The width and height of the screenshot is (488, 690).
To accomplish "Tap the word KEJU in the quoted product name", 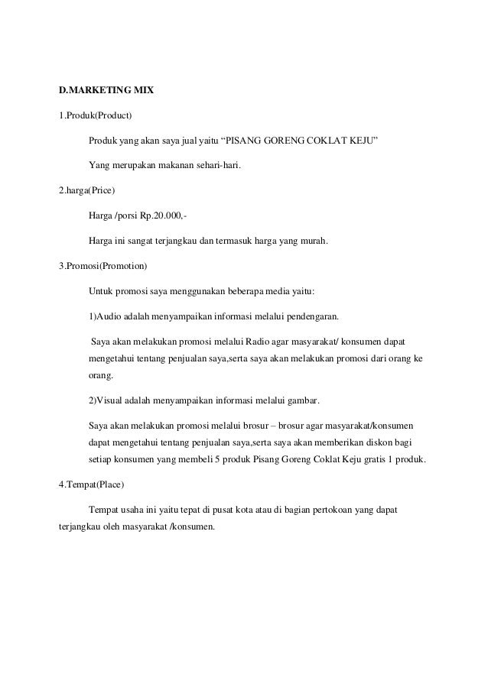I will tap(361, 141).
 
